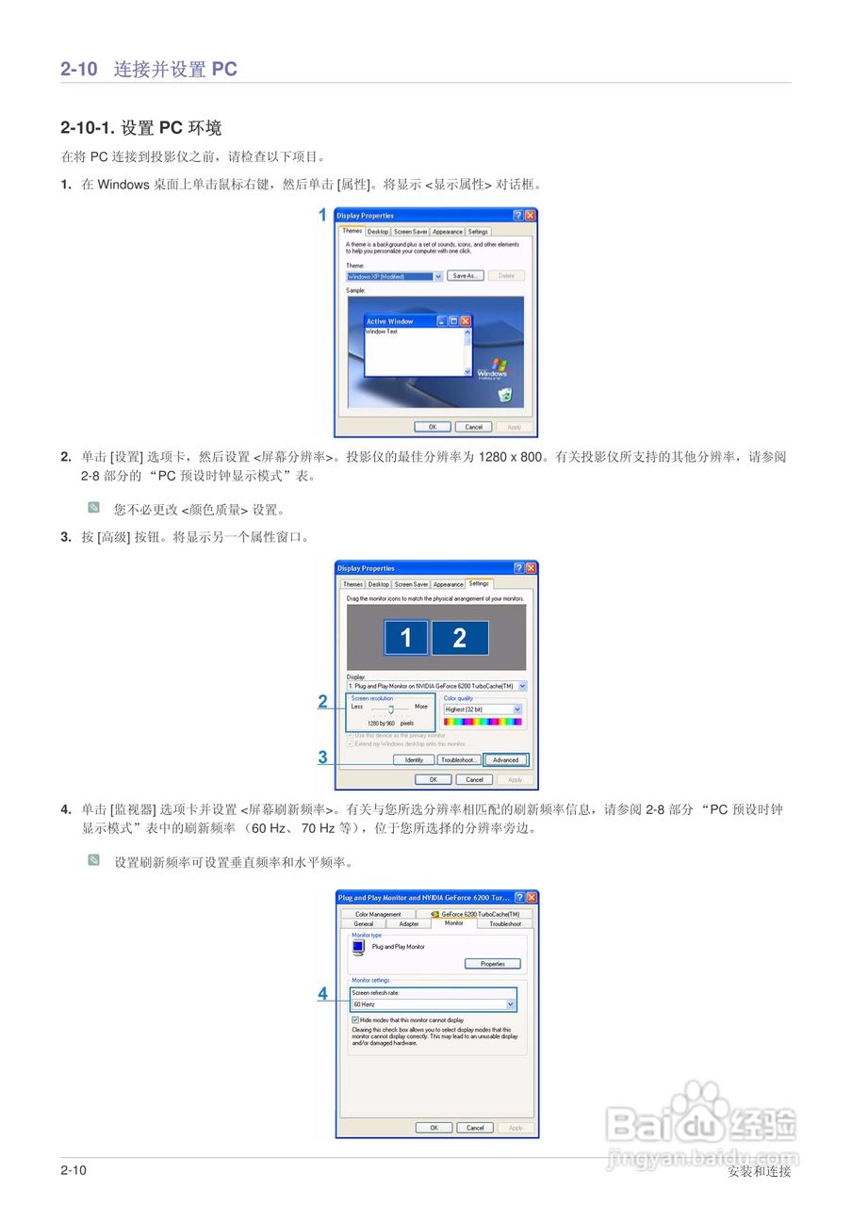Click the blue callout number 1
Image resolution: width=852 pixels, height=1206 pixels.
click(x=322, y=215)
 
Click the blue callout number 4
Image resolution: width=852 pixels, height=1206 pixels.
click(x=322, y=993)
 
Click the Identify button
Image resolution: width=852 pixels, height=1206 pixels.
click(x=414, y=759)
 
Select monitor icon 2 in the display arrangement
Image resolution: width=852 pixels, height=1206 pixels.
click(x=460, y=638)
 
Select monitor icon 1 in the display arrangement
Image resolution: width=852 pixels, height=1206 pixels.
click(x=406, y=638)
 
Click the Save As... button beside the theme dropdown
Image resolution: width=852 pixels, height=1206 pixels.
click(x=465, y=276)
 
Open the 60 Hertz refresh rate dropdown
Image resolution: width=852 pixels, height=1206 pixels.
click(x=511, y=1004)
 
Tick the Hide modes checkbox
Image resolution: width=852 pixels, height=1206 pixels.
click(x=355, y=1019)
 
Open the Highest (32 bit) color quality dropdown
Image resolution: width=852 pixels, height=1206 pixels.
click(x=517, y=709)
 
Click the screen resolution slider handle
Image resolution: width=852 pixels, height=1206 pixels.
click(x=390, y=709)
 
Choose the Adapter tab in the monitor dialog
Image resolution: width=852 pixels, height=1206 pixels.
click(x=409, y=924)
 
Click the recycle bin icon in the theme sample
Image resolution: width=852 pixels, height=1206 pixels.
click(x=505, y=396)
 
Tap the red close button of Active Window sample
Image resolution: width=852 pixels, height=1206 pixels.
click(x=465, y=321)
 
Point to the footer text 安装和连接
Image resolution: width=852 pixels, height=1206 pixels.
click(x=759, y=1171)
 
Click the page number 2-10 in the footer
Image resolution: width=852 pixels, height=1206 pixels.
click(x=74, y=1170)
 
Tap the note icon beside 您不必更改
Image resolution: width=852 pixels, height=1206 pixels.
click(x=93, y=508)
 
